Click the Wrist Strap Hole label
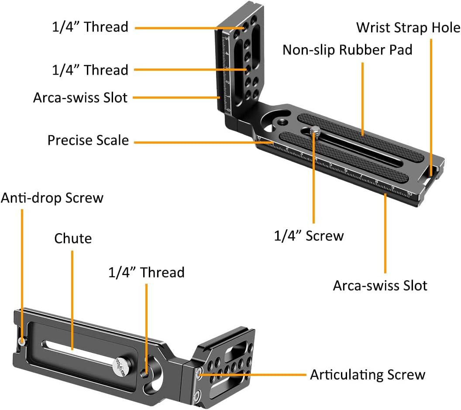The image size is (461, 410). point(408,28)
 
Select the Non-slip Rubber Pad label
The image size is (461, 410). point(347,50)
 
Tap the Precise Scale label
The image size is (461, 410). point(88,141)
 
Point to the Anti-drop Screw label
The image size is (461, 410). point(52,198)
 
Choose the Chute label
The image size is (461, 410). point(73,238)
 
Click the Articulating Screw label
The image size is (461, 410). point(367,375)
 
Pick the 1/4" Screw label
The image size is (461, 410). point(309,236)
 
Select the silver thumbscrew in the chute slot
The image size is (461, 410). point(120,365)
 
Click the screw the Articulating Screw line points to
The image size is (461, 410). point(200,372)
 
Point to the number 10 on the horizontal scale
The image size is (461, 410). point(409,193)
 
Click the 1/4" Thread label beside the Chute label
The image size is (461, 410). point(146,272)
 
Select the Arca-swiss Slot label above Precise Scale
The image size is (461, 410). point(80,97)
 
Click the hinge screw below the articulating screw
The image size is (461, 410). point(199,396)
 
